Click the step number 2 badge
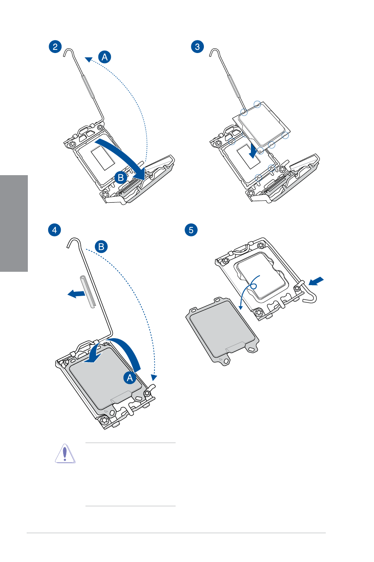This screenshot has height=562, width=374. tap(55, 47)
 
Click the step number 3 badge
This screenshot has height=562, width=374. tap(198, 47)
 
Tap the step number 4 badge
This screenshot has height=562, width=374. tap(54, 230)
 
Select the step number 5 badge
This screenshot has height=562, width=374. tap(191, 230)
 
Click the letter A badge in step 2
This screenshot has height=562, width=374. tap(104, 57)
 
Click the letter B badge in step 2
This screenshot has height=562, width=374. tap(121, 178)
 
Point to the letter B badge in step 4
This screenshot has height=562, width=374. tap(101, 247)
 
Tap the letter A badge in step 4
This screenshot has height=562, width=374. tap(130, 377)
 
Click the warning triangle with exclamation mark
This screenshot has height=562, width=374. tap(65, 453)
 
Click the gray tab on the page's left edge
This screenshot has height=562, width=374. tap(14, 223)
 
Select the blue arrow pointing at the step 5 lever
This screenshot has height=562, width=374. tap(316, 281)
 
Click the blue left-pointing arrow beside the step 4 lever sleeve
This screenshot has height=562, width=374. tap(76, 293)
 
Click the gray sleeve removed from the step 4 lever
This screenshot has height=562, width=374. tap(88, 291)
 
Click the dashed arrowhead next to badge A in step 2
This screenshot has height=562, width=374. tap(89, 59)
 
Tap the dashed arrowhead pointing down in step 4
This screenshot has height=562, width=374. tap(154, 377)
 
